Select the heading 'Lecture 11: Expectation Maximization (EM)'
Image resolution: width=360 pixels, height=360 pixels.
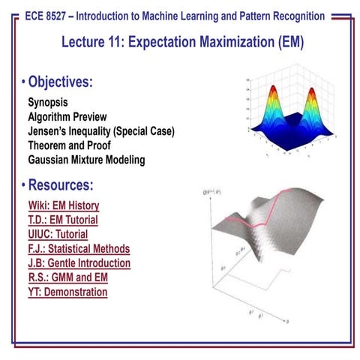tap(180, 42)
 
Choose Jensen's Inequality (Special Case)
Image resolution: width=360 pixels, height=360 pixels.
tap(101, 131)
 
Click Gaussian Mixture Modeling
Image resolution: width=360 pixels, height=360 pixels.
tap(86, 160)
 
